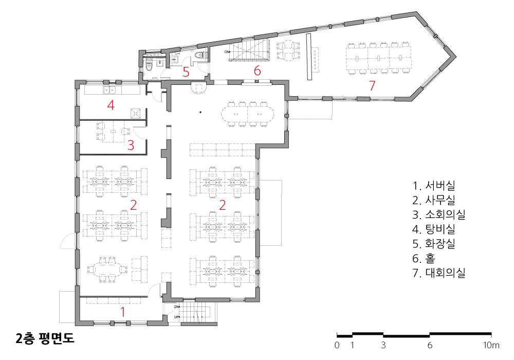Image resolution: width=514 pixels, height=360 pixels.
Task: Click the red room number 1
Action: (123, 312)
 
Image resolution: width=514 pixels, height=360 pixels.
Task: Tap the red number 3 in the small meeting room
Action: (131, 145)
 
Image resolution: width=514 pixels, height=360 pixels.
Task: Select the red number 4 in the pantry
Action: (111, 105)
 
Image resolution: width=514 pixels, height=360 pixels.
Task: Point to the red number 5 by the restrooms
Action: (186, 72)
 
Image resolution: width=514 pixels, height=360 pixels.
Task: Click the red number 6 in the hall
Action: (258, 70)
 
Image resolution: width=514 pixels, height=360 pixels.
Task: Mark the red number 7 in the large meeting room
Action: (372, 85)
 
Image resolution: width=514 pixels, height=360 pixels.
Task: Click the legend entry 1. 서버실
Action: (434, 186)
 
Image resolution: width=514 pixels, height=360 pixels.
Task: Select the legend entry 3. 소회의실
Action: (439, 214)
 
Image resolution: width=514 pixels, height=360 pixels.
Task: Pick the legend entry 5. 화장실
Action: (434, 244)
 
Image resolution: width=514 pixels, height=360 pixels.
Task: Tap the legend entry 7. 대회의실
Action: (439, 273)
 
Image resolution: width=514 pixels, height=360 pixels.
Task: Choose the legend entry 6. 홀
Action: (424, 258)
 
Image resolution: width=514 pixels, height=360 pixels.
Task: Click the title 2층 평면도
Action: (45, 338)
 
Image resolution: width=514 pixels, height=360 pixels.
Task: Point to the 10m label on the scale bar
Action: (491, 345)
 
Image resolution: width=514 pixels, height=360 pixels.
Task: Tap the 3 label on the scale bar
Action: (383, 345)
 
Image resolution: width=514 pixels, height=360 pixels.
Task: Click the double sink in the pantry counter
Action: (109, 90)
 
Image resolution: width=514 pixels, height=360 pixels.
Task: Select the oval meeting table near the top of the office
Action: (248, 114)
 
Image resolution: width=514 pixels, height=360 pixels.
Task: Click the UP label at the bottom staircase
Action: (176, 317)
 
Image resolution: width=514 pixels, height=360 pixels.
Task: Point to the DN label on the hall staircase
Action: (227, 52)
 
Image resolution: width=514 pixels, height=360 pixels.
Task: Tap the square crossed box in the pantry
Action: (136, 113)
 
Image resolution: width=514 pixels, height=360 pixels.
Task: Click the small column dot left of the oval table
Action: (200, 112)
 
